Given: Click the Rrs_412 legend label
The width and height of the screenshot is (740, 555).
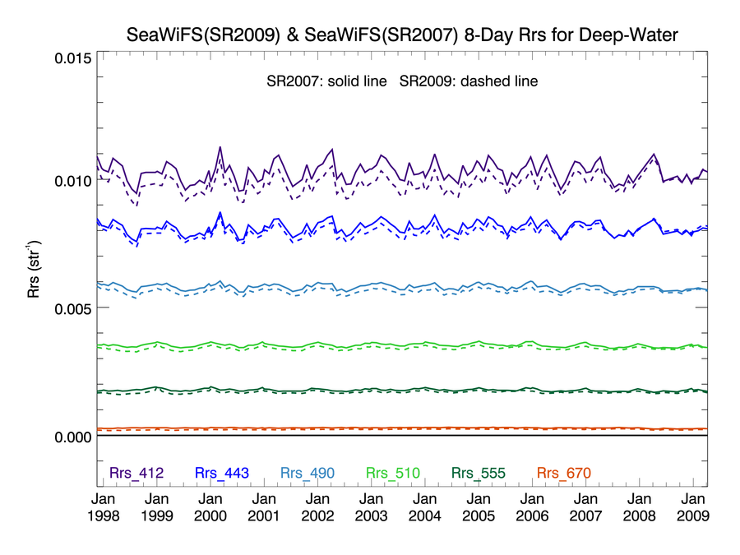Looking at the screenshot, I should point(136,473).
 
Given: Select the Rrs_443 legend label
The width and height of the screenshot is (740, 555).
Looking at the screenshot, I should point(222,473).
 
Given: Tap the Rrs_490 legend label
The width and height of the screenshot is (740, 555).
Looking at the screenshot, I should point(308,473).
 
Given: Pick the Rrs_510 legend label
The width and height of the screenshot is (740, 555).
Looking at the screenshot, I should point(392,473).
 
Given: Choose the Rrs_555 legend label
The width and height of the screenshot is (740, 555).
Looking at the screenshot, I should point(477,473).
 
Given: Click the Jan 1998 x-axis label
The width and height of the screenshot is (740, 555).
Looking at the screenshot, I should point(103,507).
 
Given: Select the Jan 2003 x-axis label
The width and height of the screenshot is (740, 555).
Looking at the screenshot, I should point(371,507).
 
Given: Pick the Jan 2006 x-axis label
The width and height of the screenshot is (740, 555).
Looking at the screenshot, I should point(532,507).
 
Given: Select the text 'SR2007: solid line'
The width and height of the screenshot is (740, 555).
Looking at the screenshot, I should point(326,82).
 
